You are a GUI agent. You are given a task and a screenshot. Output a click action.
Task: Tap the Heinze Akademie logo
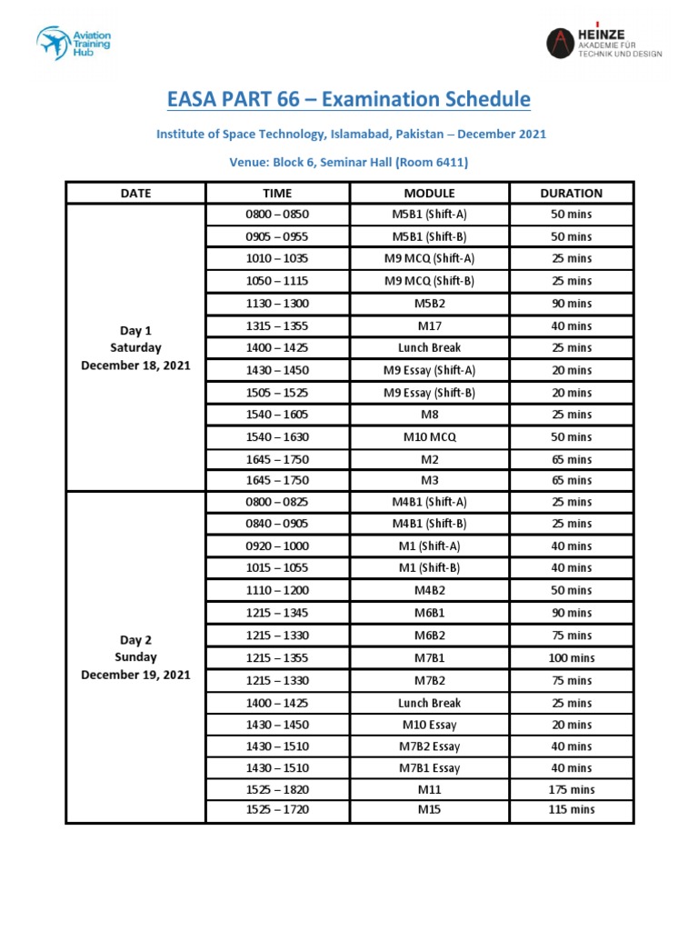click(x=603, y=42)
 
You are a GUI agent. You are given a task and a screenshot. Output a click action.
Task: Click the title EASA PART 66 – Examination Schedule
click(x=349, y=99)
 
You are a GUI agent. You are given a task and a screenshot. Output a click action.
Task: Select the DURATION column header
click(x=571, y=193)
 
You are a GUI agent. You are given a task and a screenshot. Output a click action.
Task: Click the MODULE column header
click(x=429, y=193)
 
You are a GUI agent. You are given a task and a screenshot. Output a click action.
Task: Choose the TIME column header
click(x=277, y=193)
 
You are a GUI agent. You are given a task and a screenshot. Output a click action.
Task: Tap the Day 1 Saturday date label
click(x=135, y=347)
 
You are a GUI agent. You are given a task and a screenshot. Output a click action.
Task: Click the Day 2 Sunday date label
click(x=135, y=656)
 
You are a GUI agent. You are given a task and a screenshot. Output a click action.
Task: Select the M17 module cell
click(x=429, y=325)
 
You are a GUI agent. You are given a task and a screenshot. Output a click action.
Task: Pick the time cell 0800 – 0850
click(x=277, y=215)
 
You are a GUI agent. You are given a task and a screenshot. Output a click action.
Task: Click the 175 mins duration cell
click(x=571, y=790)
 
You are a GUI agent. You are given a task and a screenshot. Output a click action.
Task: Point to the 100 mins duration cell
click(x=571, y=657)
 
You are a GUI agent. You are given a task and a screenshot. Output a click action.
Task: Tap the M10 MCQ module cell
click(x=429, y=437)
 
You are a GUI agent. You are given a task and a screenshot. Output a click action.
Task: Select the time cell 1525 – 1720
click(x=277, y=809)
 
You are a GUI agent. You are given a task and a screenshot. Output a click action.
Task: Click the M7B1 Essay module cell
click(x=429, y=768)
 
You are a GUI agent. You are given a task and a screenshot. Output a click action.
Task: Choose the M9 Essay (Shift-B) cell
click(x=429, y=393)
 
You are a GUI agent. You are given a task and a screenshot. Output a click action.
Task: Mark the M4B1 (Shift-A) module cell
click(x=429, y=502)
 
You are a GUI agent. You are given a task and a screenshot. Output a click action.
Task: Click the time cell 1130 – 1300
click(x=277, y=304)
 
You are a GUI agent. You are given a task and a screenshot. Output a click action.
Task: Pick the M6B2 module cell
click(x=429, y=636)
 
